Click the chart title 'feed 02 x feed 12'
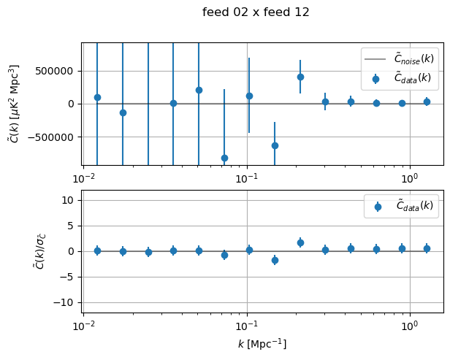[x=256, y=12]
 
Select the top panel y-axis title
[x=14, y=104]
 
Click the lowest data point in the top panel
[x=224, y=158]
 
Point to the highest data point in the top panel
[x=300, y=77]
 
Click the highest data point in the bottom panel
[x=300, y=242]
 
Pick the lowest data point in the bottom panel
[x=275, y=260]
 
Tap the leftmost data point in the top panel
[x=97, y=97]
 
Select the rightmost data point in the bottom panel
[x=427, y=248]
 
